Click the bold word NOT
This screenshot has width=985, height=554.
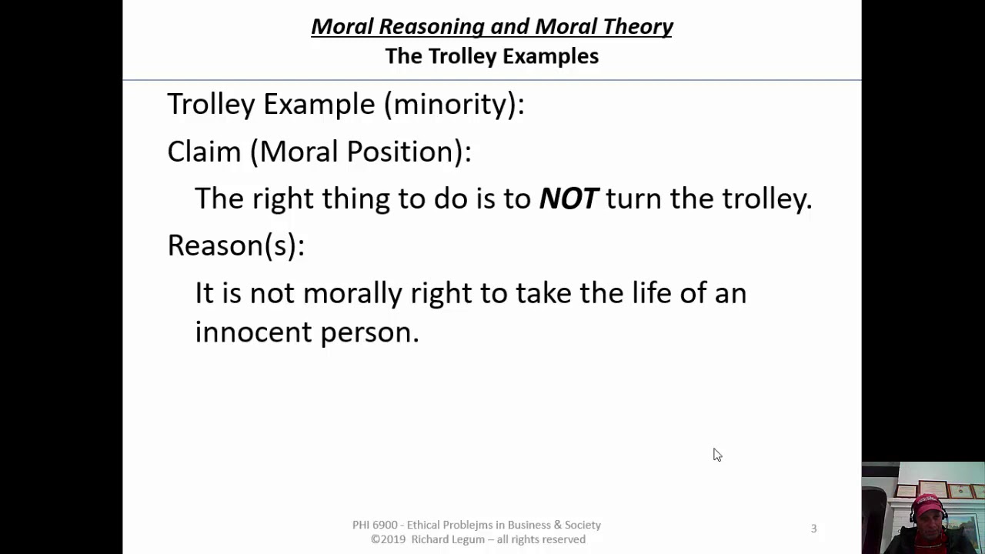(x=568, y=199)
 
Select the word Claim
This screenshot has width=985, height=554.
(x=204, y=152)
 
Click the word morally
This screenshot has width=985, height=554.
(x=352, y=293)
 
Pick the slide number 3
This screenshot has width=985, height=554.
(x=813, y=529)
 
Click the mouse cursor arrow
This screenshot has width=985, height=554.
(x=716, y=455)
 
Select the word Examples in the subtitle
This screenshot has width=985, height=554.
(x=552, y=56)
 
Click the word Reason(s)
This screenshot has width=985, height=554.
(x=235, y=245)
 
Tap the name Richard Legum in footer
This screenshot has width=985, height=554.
(x=446, y=539)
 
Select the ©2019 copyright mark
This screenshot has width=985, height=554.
(x=389, y=539)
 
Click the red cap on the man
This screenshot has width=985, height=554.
(x=927, y=503)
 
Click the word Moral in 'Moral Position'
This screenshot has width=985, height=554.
(x=299, y=152)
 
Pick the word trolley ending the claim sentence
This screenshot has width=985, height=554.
(x=766, y=199)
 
